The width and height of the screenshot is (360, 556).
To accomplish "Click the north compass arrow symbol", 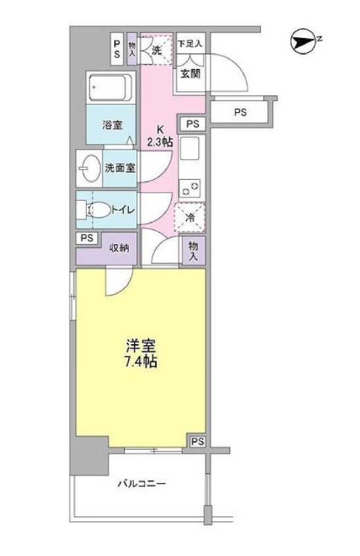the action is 303,42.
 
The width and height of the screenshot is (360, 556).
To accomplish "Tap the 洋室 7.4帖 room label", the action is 141,354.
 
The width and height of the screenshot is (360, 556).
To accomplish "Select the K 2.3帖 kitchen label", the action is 160,136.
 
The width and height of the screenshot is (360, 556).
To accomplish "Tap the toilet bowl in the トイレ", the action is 99,210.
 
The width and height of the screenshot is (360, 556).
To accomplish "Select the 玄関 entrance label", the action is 191,74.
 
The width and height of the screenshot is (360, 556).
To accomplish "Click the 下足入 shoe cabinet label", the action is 190,43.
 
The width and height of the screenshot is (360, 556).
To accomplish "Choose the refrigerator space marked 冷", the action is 190,217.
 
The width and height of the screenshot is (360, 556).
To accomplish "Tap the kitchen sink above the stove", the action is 190,148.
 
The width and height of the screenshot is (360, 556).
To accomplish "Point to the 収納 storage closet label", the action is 119,248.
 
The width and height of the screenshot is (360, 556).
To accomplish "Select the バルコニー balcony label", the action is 142,483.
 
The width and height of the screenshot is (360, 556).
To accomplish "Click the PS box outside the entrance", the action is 240,112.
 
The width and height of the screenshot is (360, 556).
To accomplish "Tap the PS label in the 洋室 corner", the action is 198,442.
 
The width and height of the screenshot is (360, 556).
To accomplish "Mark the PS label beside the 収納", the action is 87,238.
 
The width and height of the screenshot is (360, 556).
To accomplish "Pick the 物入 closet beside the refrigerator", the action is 192,251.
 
